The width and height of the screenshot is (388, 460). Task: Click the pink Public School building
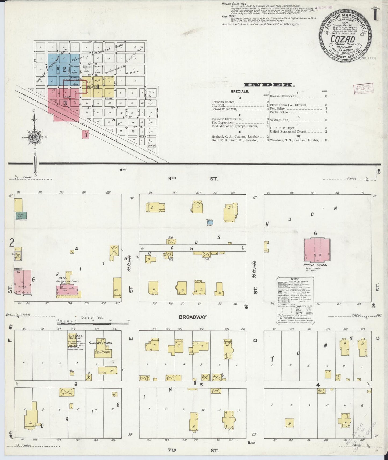[317, 250]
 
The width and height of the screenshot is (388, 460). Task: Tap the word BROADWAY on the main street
[193, 317]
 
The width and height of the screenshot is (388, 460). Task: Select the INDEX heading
[268, 85]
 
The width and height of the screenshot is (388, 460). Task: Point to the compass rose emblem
[35, 137]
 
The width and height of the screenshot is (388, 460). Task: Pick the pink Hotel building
[68, 289]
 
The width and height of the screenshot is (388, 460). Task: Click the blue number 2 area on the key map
[64, 70]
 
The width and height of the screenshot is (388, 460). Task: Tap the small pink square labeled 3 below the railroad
[86, 135]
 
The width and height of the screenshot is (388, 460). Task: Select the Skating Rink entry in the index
[280, 120]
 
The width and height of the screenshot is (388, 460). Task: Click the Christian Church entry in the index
[223, 102]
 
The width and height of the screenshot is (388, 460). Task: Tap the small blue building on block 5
[210, 222]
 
